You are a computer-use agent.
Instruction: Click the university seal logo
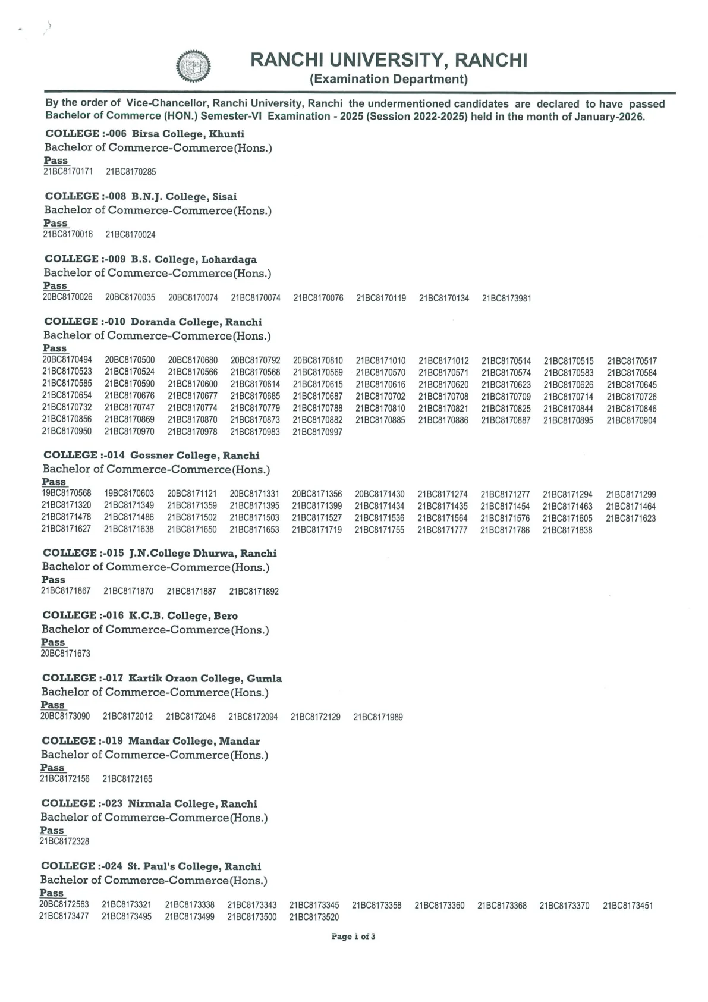pos(193,66)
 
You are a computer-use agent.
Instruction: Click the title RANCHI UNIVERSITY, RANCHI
pos(389,60)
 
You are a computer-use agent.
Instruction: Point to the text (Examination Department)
pos(389,79)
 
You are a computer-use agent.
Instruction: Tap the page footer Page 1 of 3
pos(353,937)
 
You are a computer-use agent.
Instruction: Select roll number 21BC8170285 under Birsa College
pos(131,172)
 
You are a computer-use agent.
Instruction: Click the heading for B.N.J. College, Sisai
pos(141,196)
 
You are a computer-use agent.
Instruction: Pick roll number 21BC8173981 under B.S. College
pos(506,298)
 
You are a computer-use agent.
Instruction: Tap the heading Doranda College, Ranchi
pos(153,322)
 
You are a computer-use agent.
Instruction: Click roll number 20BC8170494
pos(67,360)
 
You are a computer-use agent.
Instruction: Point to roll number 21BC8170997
pos(317,432)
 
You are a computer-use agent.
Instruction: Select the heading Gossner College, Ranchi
pos(152,456)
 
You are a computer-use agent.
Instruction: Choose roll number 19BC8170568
pos(67,494)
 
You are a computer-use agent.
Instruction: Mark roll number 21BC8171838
pos(567,530)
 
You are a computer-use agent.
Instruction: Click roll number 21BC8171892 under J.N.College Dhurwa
pos(254,591)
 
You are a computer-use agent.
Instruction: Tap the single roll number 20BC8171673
pos(65,653)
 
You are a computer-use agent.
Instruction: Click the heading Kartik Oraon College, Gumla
pos(162,679)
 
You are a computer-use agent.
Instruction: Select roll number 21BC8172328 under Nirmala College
pos(64,841)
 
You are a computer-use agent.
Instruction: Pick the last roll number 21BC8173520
pos(314,917)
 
